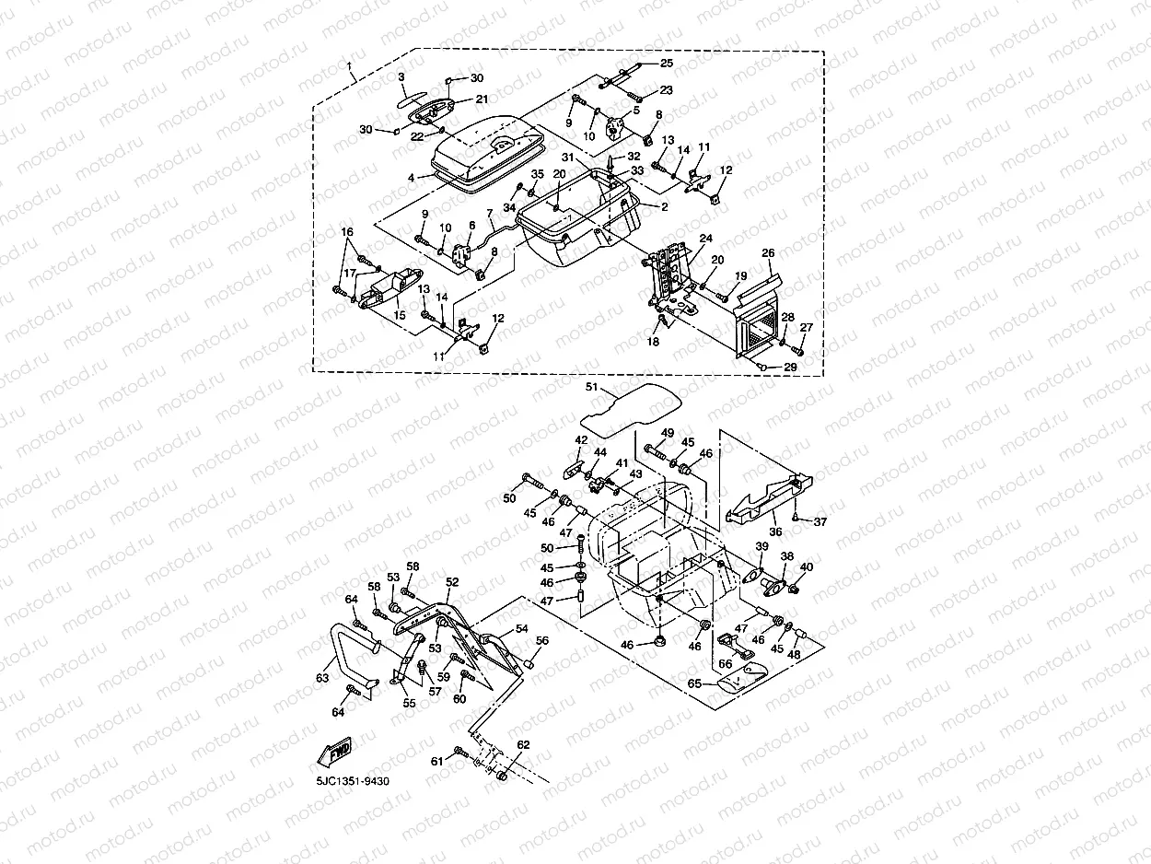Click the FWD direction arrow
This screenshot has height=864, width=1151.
pyautogui.click(x=334, y=753)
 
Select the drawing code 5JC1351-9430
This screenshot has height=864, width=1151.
pyautogui.click(x=353, y=782)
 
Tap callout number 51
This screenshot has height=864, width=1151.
pyautogui.click(x=591, y=387)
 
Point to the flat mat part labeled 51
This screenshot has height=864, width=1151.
pyautogui.click(x=631, y=410)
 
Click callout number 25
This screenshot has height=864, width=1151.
pyautogui.click(x=667, y=63)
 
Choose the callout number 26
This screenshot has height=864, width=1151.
pyautogui.click(x=768, y=253)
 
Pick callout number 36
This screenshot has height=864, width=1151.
pyautogui.click(x=775, y=531)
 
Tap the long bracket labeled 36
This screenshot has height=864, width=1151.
pyautogui.click(x=769, y=499)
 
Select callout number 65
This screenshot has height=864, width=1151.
pyautogui.click(x=694, y=683)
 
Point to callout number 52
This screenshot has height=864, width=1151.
pyautogui.click(x=452, y=582)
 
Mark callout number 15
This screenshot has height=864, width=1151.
pyautogui.click(x=400, y=315)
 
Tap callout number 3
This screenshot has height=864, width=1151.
pyautogui.click(x=401, y=77)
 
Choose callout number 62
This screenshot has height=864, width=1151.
pyautogui.click(x=523, y=745)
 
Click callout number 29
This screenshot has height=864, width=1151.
pyautogui.click(x=790, y=368)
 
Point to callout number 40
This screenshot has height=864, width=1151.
pyautogui.click(x=807, y=567)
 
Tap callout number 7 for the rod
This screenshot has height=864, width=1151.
pyautogui.click(x=490, y=214)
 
